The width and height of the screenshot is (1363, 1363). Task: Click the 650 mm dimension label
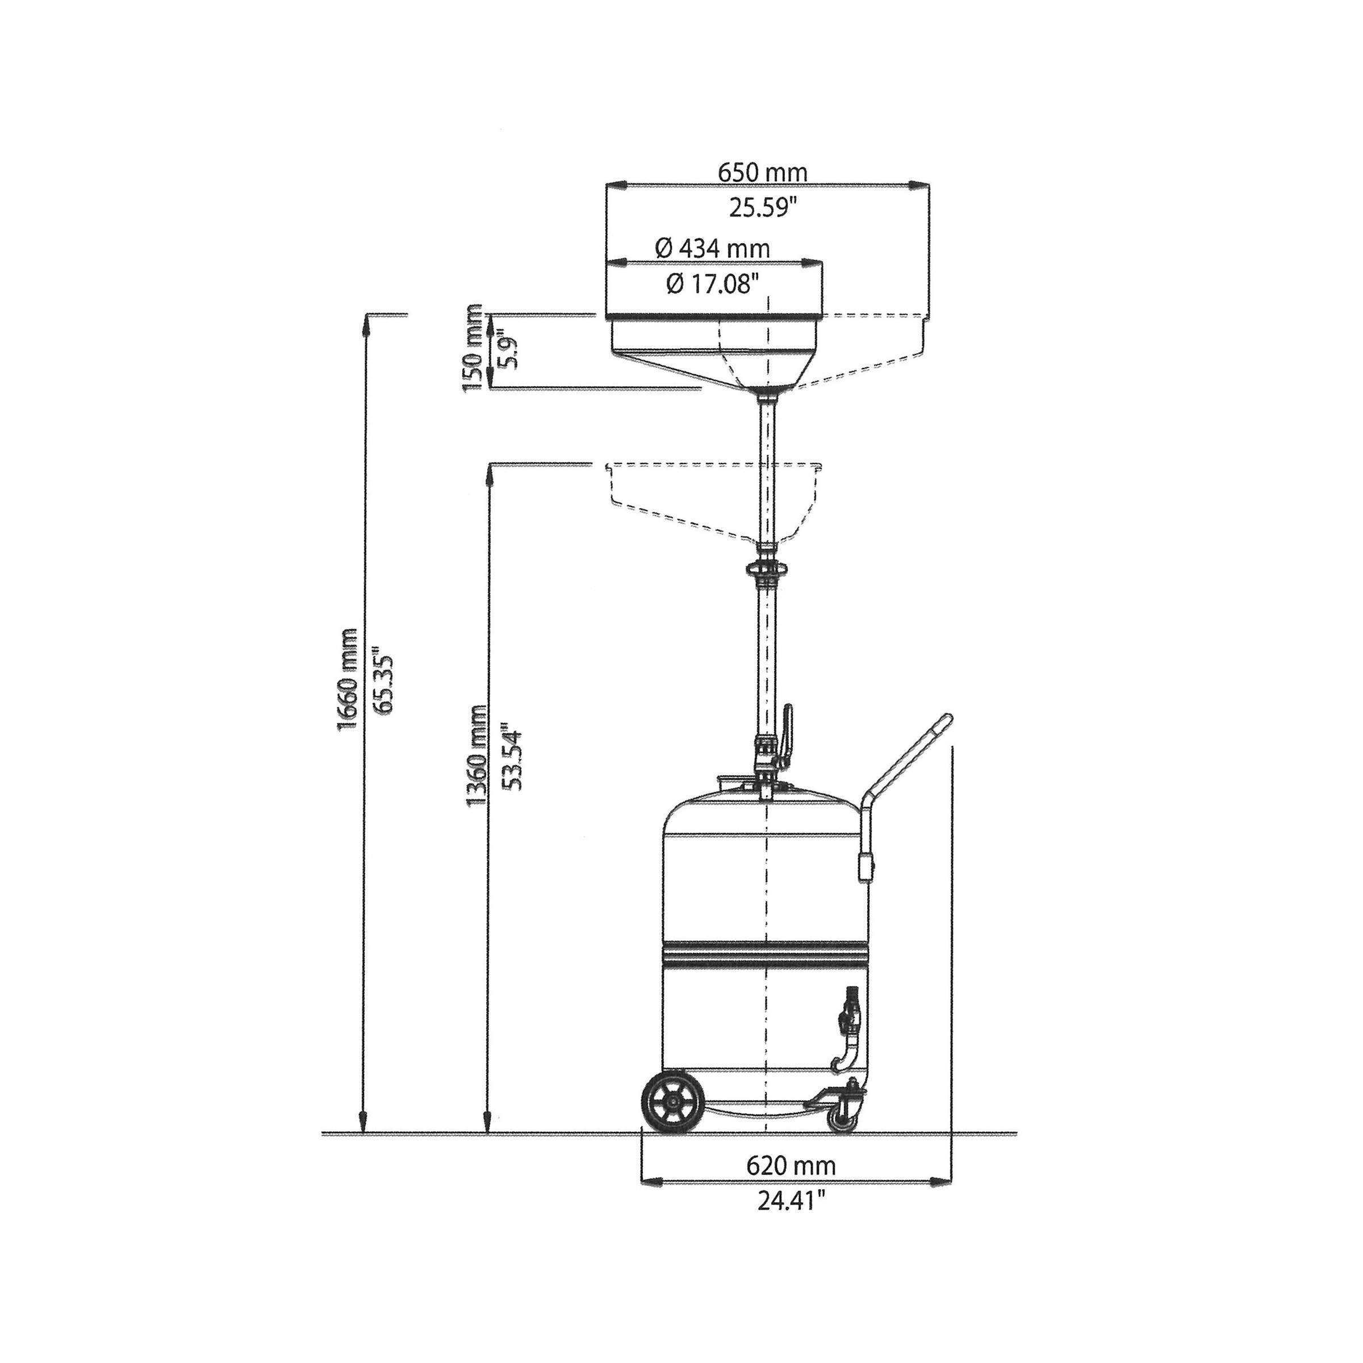[762, 172]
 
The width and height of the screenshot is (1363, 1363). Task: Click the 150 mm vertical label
[474, 349]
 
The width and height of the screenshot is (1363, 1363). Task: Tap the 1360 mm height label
[477, 755]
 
